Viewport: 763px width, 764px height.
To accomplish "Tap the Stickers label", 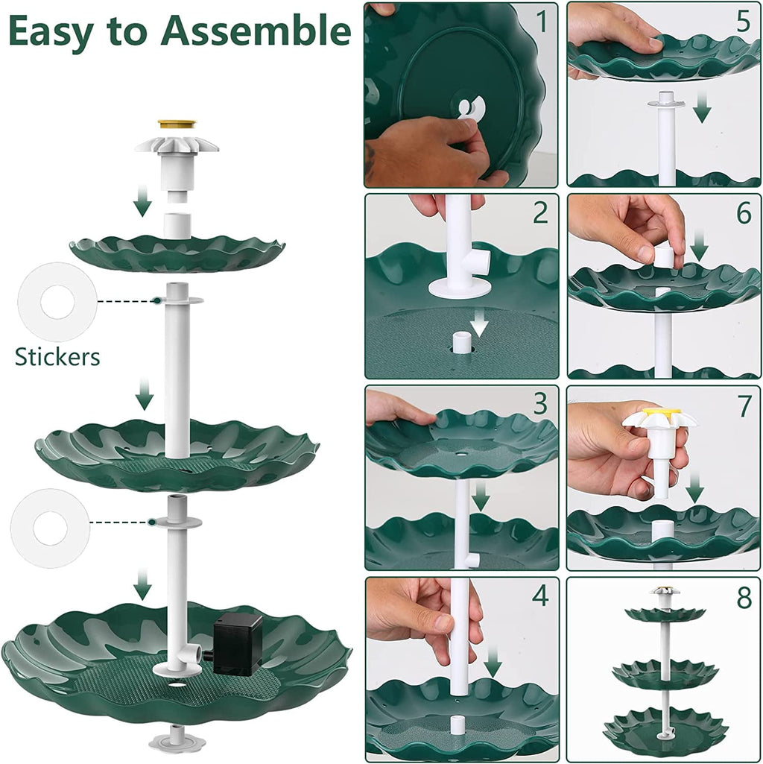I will (x=57, y=357).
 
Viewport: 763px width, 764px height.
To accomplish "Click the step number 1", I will (x=542, y=22).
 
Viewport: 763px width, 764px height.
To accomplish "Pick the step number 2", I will (x=540, y=213).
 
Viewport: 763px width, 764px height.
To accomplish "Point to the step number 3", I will (x=540, y=404).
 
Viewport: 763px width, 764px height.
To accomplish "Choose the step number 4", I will (x=540, y=596).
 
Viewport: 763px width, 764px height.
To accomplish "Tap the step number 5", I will (x=743, y=22).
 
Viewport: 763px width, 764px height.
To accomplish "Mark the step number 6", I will (x=743, y=213).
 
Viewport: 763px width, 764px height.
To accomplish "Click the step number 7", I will (x=743, y=404).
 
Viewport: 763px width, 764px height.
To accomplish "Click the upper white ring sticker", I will (x=57, y=302).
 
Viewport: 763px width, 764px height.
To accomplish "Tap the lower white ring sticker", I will (x=50, y=528).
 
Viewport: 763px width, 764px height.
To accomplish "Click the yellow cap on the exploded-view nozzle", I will (x=177, y=124).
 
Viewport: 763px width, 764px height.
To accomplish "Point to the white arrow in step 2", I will (x=479, y=323).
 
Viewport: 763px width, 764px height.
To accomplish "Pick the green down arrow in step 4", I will (x=493, y=660).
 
